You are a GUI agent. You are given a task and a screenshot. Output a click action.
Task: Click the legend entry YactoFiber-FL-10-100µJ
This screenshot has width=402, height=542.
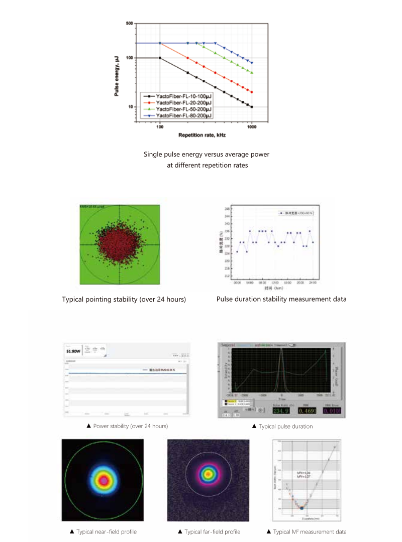[183, 95]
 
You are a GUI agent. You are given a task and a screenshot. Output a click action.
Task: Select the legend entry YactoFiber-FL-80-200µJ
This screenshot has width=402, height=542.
[183, 115]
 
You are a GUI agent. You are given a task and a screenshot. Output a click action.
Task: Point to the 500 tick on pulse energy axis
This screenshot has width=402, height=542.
[130, 24]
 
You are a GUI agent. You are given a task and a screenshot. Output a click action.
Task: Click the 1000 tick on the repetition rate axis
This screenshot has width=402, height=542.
[251, 127]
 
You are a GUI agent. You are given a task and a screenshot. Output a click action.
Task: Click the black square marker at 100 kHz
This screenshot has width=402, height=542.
[160, 58]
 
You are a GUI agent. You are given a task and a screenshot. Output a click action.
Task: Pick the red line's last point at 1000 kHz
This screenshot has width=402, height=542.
[252, 92]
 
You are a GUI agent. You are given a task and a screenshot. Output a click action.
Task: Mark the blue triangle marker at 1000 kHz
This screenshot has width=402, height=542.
[252, 63]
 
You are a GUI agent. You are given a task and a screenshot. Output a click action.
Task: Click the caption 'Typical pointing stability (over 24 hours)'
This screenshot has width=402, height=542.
[124, 300]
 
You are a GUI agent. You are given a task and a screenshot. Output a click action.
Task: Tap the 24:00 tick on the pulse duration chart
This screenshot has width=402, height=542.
[313, 283]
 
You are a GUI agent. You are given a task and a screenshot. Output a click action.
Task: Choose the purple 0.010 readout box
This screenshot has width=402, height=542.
[332, 411]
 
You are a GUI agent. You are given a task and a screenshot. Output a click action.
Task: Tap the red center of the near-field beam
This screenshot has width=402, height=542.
[104, 480]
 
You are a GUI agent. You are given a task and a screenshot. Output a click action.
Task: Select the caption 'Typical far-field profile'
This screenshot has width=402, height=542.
[209, 532]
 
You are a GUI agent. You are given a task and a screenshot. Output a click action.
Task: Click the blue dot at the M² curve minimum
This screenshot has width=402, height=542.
[301, 508]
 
